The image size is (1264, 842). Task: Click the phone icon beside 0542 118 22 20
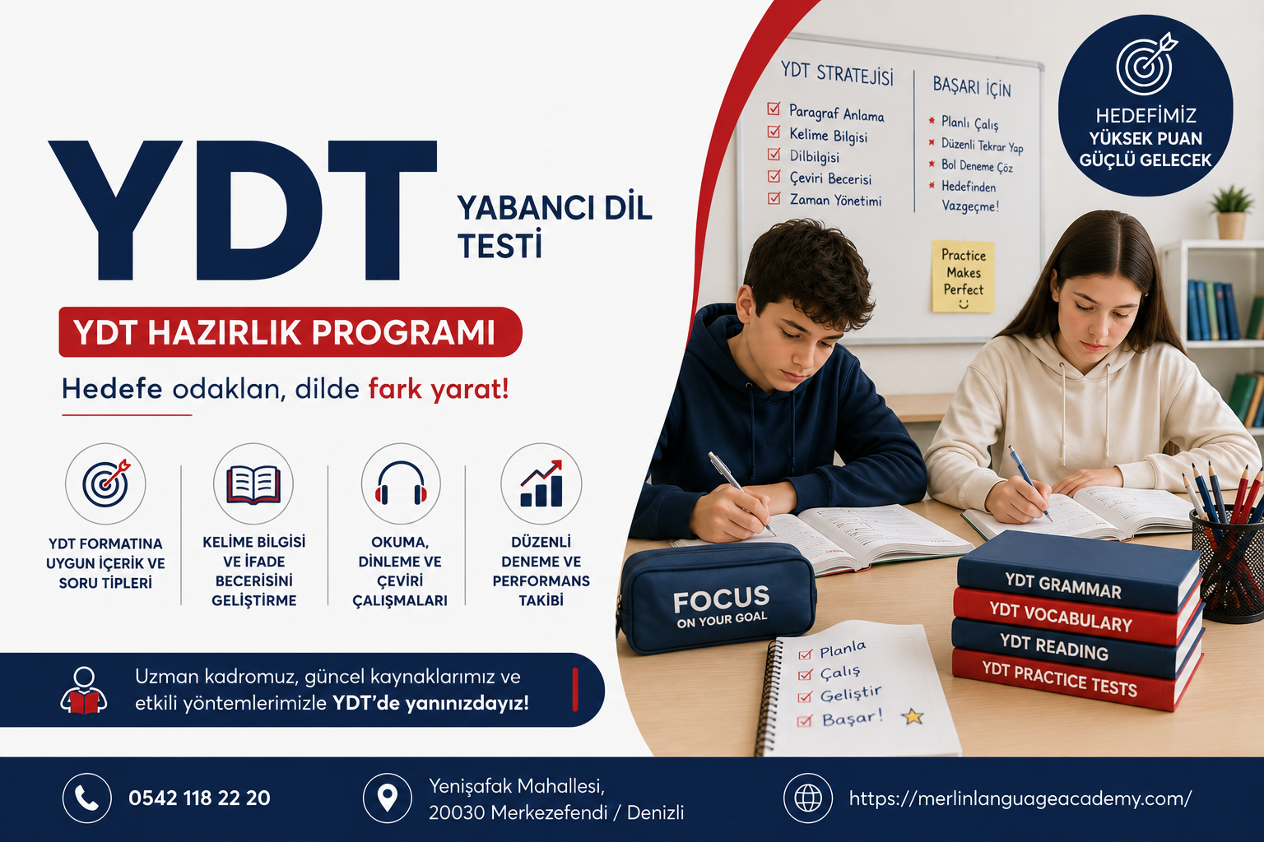[87, 798]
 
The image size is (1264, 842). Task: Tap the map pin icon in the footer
[387, 798]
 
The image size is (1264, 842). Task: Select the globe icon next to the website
[808, 798]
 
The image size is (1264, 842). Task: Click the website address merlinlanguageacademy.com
[1020, 798]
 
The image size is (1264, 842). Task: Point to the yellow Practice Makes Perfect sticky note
[964, 276]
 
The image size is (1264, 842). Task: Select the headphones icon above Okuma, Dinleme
[401, 483]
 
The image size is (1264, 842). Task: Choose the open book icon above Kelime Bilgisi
[253, 483]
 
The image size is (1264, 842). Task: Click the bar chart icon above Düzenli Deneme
[541, 483]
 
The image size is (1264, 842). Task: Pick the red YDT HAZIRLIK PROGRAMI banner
[290, 331]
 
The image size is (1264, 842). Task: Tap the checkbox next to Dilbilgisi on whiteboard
[774, 154]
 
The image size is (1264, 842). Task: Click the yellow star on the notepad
[912, 716]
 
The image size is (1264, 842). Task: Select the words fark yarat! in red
[439, 389]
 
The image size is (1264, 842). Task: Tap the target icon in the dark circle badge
[1146, 64]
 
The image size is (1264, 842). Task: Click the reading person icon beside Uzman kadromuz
[83, 691]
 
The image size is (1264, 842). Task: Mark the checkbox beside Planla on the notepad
[805, 655]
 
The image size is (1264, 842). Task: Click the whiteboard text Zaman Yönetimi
[835, 200]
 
